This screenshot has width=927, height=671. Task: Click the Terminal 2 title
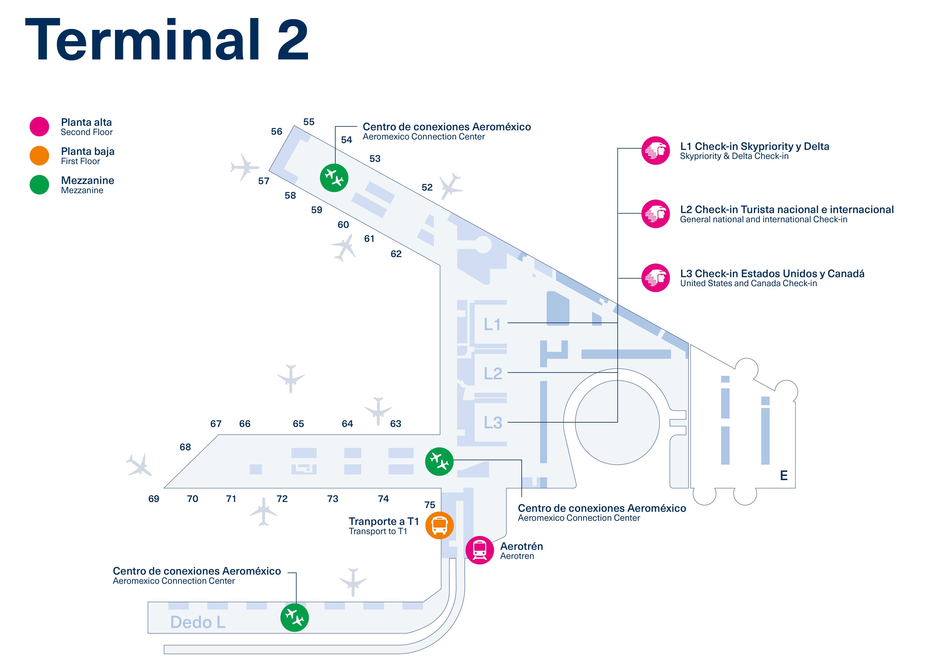[167, 40]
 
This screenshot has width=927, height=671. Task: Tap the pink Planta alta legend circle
[39, 126]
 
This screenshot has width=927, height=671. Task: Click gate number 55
[309, 122]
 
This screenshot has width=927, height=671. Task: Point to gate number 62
[396, 254]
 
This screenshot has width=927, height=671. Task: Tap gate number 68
[185, 447]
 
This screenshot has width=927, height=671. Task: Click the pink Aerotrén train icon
[479, 550]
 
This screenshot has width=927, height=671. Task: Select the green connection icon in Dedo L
[294, 617]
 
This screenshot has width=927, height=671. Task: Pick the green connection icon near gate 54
[334, 178]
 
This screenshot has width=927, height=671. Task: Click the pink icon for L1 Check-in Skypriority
[655, 150]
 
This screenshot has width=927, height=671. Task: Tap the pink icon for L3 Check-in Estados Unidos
[655, 278]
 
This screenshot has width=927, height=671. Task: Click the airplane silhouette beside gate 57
[244, 167]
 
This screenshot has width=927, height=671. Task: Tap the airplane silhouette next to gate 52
[451, 186]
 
